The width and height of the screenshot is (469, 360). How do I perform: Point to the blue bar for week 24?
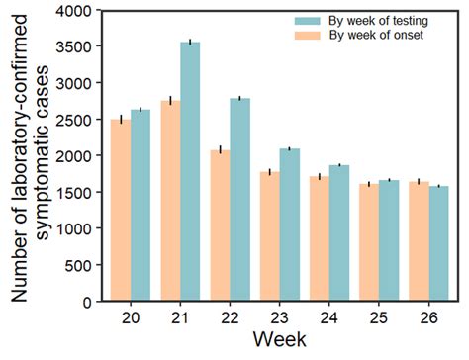[x=339, y=233]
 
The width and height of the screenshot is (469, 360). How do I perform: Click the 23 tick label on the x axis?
[x=279, y=318]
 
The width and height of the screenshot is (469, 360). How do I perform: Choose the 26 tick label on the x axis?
[x=428, y=318]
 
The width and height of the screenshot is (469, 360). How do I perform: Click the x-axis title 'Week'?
[x=278, y=341]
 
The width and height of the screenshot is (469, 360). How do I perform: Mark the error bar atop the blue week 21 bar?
[x=190, y=43]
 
